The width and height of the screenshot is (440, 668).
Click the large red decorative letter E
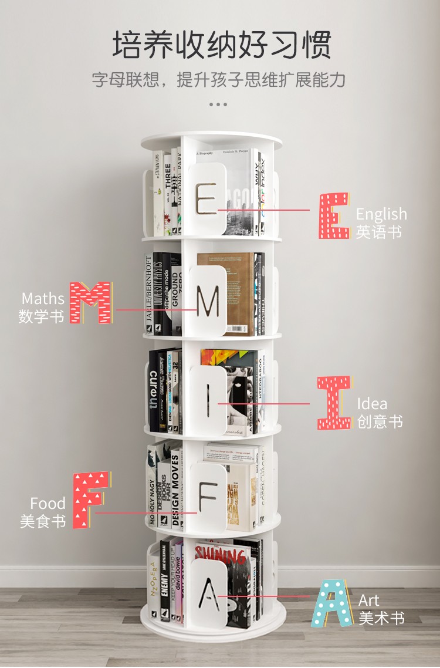[x=334, y=215]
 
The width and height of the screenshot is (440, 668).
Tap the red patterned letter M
[x=90, y=302]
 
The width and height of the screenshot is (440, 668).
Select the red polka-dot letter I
[x=334, y=403]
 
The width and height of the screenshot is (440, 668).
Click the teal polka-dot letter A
[x=332, y=603]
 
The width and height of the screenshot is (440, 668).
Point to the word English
[x=381, y=214]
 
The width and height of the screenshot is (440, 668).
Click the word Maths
[x=42, y=299]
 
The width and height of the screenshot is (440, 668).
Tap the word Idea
[x=372, y=404]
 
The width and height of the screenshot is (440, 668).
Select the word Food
[x=48, y=503]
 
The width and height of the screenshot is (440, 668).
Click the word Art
[x=369, y=600]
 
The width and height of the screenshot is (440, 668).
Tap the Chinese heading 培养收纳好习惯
[x=222, y=45]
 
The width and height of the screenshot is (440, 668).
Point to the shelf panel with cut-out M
[x=207, y=301]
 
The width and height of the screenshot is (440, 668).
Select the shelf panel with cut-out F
[x=207, y=498]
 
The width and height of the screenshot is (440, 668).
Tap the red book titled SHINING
[x=221, y=553]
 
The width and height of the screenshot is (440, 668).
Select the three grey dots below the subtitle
[x=218, y=104]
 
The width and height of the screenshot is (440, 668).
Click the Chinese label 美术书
[x=381, y=618]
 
